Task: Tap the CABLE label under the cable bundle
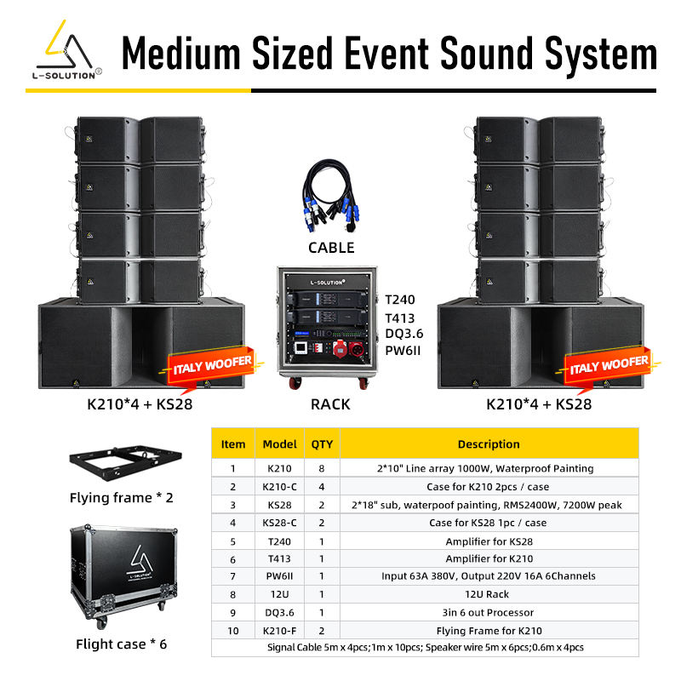point(330,248)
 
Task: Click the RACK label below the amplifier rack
point(330,404)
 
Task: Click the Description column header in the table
point(489,444)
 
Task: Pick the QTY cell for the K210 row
point(322,468)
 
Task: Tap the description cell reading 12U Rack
point(489,594)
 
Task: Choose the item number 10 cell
point(232,631)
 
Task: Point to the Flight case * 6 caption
point(121,644)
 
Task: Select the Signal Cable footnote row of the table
point(424,648)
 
